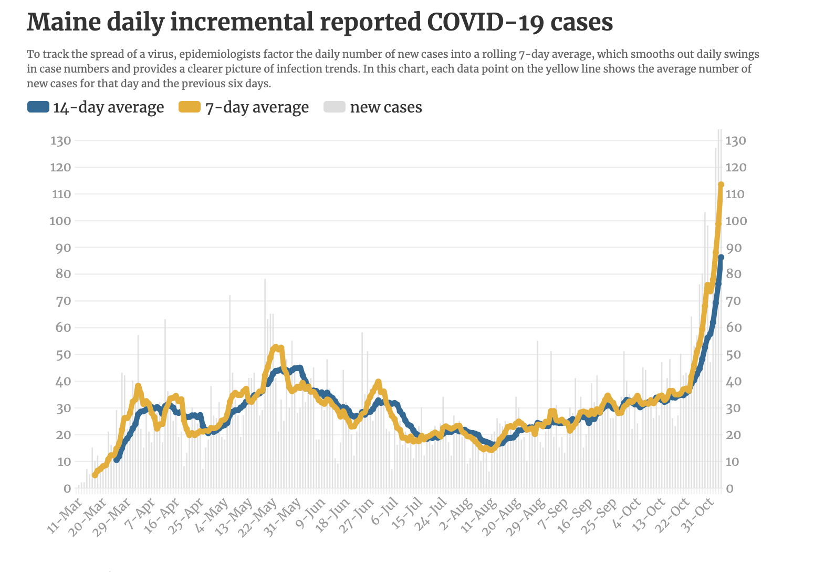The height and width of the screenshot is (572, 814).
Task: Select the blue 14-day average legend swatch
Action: [38, 107]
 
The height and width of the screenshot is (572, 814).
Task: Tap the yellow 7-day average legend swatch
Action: [190, 107]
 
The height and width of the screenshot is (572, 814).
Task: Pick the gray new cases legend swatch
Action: [335, 107]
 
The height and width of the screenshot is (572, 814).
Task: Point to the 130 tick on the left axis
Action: [61, 140]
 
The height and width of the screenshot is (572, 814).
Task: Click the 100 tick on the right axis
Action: [736, 221]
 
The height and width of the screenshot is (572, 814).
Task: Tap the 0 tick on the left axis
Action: [67, 488]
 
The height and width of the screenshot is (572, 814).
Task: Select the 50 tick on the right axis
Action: [733, 354]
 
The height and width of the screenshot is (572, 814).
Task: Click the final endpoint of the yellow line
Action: [722, 185]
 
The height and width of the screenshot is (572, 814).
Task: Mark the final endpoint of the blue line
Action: [721, 257]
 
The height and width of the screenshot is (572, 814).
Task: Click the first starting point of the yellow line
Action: [95, 475]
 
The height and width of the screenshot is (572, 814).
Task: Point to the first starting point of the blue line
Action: [116, 461]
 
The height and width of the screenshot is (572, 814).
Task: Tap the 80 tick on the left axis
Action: [64, 274]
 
